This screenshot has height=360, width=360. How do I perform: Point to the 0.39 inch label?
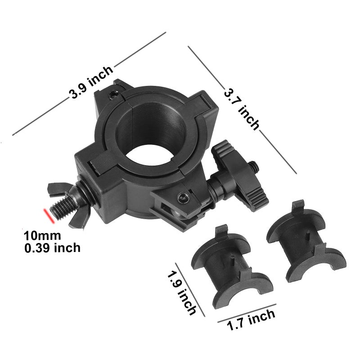pos(53,247)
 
